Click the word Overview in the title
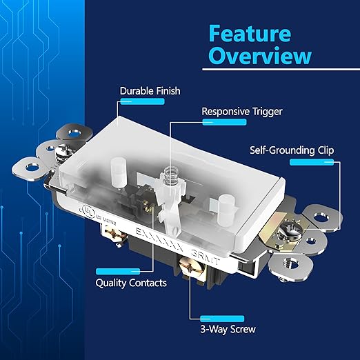259,56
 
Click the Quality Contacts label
132,283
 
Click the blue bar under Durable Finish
135,101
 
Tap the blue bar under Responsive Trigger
222,121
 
